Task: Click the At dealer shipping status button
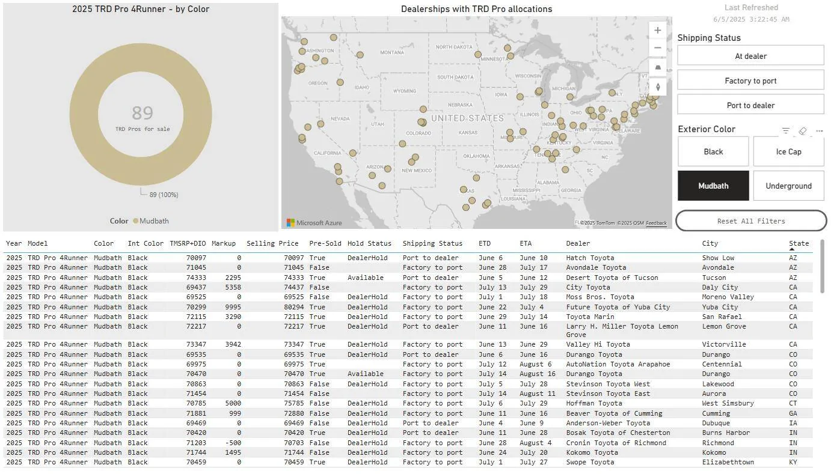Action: (x=750, y=56)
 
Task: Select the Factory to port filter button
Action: (x=750, y=81)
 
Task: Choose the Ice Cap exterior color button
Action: (x=788, y=151)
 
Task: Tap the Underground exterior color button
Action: (x=788, y=186)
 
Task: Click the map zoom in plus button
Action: (x=658, y=31)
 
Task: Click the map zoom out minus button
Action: (x=658, y=48)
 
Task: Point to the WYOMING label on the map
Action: (x=405, y=91)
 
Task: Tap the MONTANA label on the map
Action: (x=392, y=53)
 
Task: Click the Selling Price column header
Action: (x=272, y=243)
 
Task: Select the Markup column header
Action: (x=224, y=243)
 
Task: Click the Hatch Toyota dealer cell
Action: (x=590, y=258)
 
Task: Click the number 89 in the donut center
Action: (x=143, y=113)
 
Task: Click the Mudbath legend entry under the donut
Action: (x=154, y=221)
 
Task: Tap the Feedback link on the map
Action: (x=656, y=223)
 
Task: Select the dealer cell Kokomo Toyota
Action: (x=592, y=452)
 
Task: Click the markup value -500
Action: (x=232, y=443)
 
